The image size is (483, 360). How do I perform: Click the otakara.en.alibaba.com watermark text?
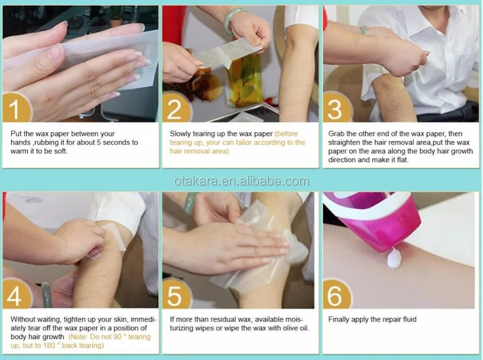coord(241,181)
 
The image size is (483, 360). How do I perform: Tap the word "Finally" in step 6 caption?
coord(338,319)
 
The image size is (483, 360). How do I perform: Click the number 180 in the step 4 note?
coord(49,345)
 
